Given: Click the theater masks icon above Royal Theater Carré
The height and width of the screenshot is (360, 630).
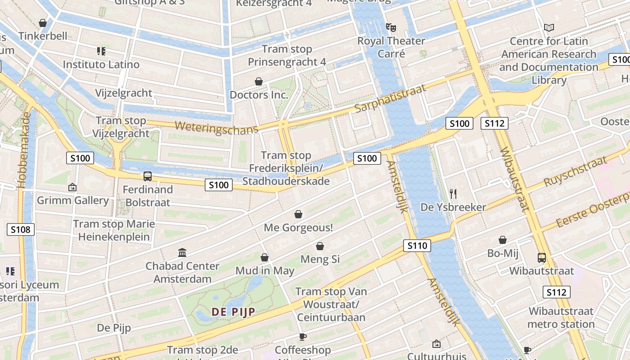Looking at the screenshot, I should [x=391, y=27].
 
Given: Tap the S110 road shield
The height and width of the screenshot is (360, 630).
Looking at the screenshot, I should [x=417, y=246].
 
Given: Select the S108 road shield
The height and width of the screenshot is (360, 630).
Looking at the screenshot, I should [x=21, y=230].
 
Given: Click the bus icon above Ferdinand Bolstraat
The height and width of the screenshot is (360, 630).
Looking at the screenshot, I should [x=147, y=176].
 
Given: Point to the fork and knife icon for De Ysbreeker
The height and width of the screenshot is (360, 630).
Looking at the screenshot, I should [x=453, y=194].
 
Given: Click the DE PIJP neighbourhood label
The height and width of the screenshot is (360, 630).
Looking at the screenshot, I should [x=234, y=312].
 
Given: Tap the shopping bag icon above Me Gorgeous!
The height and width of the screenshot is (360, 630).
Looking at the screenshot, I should [x=298, y=214].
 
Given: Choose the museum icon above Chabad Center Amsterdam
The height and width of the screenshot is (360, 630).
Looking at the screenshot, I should [x=182, y=252].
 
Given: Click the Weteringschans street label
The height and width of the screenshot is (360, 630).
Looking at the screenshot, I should [x=216, y=126].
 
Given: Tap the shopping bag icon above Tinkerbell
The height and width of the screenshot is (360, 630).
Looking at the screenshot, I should [x=43, y=22].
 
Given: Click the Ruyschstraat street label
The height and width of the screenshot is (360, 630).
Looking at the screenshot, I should [x=575, y=171].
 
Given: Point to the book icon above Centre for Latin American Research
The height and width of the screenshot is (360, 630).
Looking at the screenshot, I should [x=549, y=27].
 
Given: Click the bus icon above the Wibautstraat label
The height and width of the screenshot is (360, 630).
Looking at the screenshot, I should [x=542, y=258].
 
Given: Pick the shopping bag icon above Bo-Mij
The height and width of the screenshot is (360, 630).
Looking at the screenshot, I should [x=503, y=240].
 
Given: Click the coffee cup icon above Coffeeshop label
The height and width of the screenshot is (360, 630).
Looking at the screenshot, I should [x=303, y=337].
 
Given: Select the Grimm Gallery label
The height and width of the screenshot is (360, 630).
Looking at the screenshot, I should [x=72, y=200].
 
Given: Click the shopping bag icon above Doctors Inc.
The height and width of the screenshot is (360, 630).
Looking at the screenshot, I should [x=259, y=81].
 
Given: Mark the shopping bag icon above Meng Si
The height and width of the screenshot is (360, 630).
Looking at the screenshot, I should [x=320, y=246].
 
